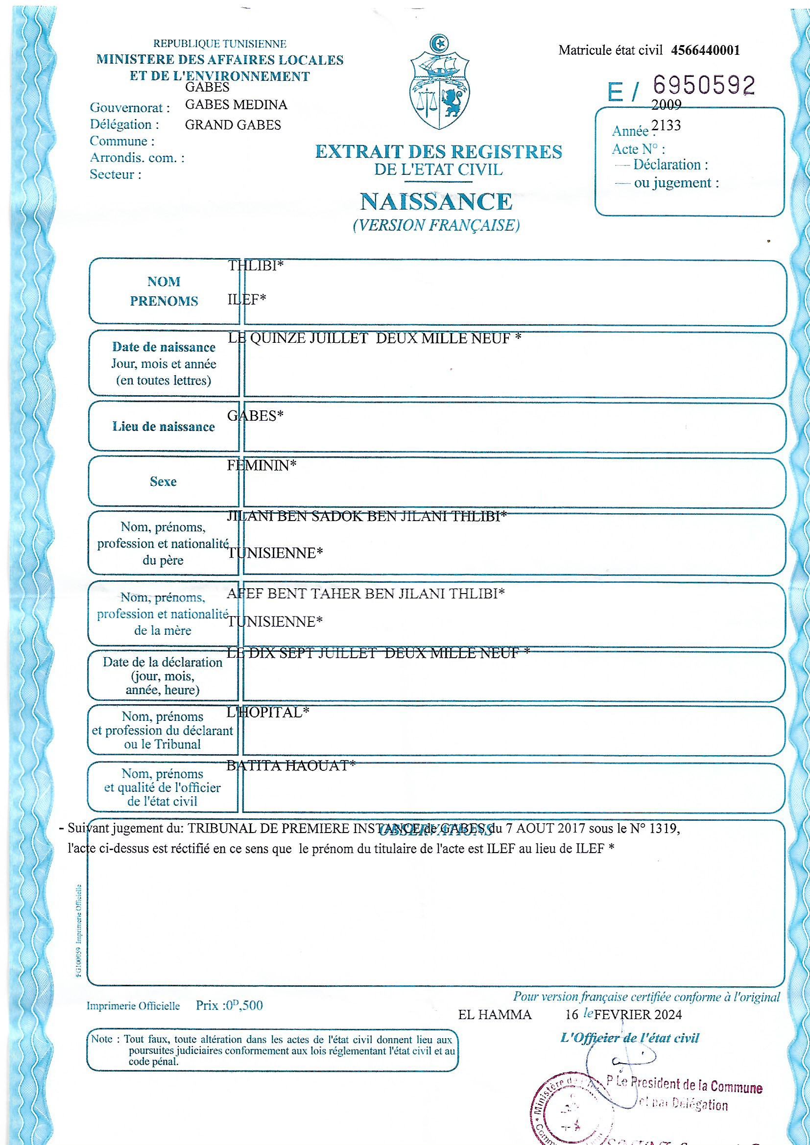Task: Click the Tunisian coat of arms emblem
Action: [439, 82]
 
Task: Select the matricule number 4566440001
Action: [705, 50]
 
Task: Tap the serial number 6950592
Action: [704, 85]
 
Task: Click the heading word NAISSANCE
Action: [436, 202]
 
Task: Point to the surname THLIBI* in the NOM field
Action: [255, 266]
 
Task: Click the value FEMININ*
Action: [262, 466]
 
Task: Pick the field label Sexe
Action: [163, 481]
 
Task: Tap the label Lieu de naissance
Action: [163, 427]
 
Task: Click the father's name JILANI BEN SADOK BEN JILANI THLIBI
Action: [367, 517]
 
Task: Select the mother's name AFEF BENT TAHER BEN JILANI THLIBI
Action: [366, 594]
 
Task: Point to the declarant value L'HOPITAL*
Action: [268, 713]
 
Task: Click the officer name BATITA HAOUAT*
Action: [291, 765]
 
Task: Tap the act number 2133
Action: [667, 125]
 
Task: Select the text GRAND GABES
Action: [233, 125]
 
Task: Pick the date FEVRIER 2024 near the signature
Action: [638, 1015]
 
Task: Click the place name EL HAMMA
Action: [494, 1015]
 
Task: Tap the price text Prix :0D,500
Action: [229, 1005]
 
